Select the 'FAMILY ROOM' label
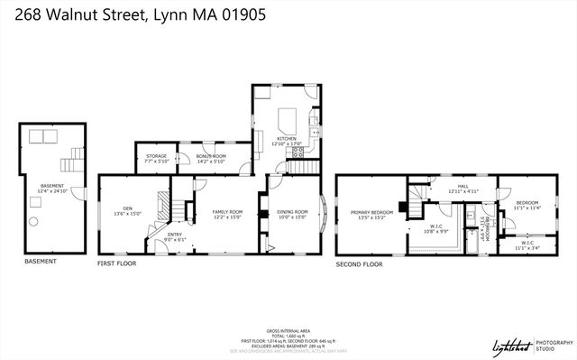coord(227,211)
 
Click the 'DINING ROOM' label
coord(292,212)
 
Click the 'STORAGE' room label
coord(156,157)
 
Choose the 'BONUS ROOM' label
coord(211,157)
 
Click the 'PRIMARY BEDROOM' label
coord(371,213)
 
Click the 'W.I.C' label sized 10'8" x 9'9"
coord(436,227)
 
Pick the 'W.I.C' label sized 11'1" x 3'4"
coord(527,243)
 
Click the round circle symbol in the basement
coord(33,221)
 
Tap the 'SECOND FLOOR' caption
coord(359,265)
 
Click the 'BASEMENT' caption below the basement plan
coord(40,262)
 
